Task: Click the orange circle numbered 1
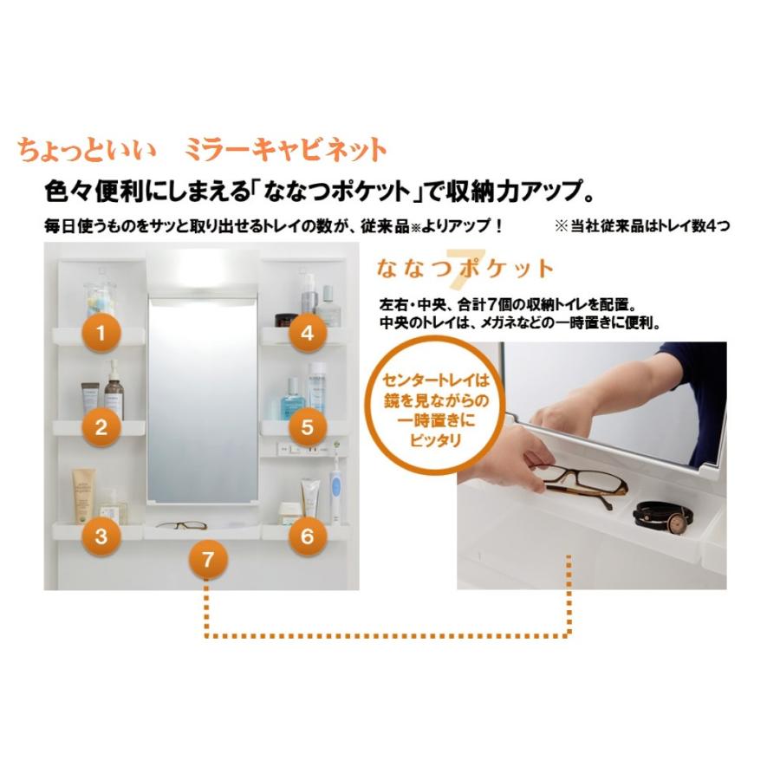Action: coord(101,332)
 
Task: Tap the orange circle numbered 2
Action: coord(101,426)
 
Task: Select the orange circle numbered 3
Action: coord(101,536)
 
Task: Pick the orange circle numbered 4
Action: coord(307,332)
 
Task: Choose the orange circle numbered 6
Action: coord(307,536)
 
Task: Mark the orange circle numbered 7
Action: coord(206,560)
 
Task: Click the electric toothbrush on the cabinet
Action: coord(335,491)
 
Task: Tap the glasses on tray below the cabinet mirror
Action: coord(181,524)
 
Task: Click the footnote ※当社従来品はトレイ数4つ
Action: coord(641,226)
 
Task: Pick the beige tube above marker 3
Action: coord(84,497)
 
